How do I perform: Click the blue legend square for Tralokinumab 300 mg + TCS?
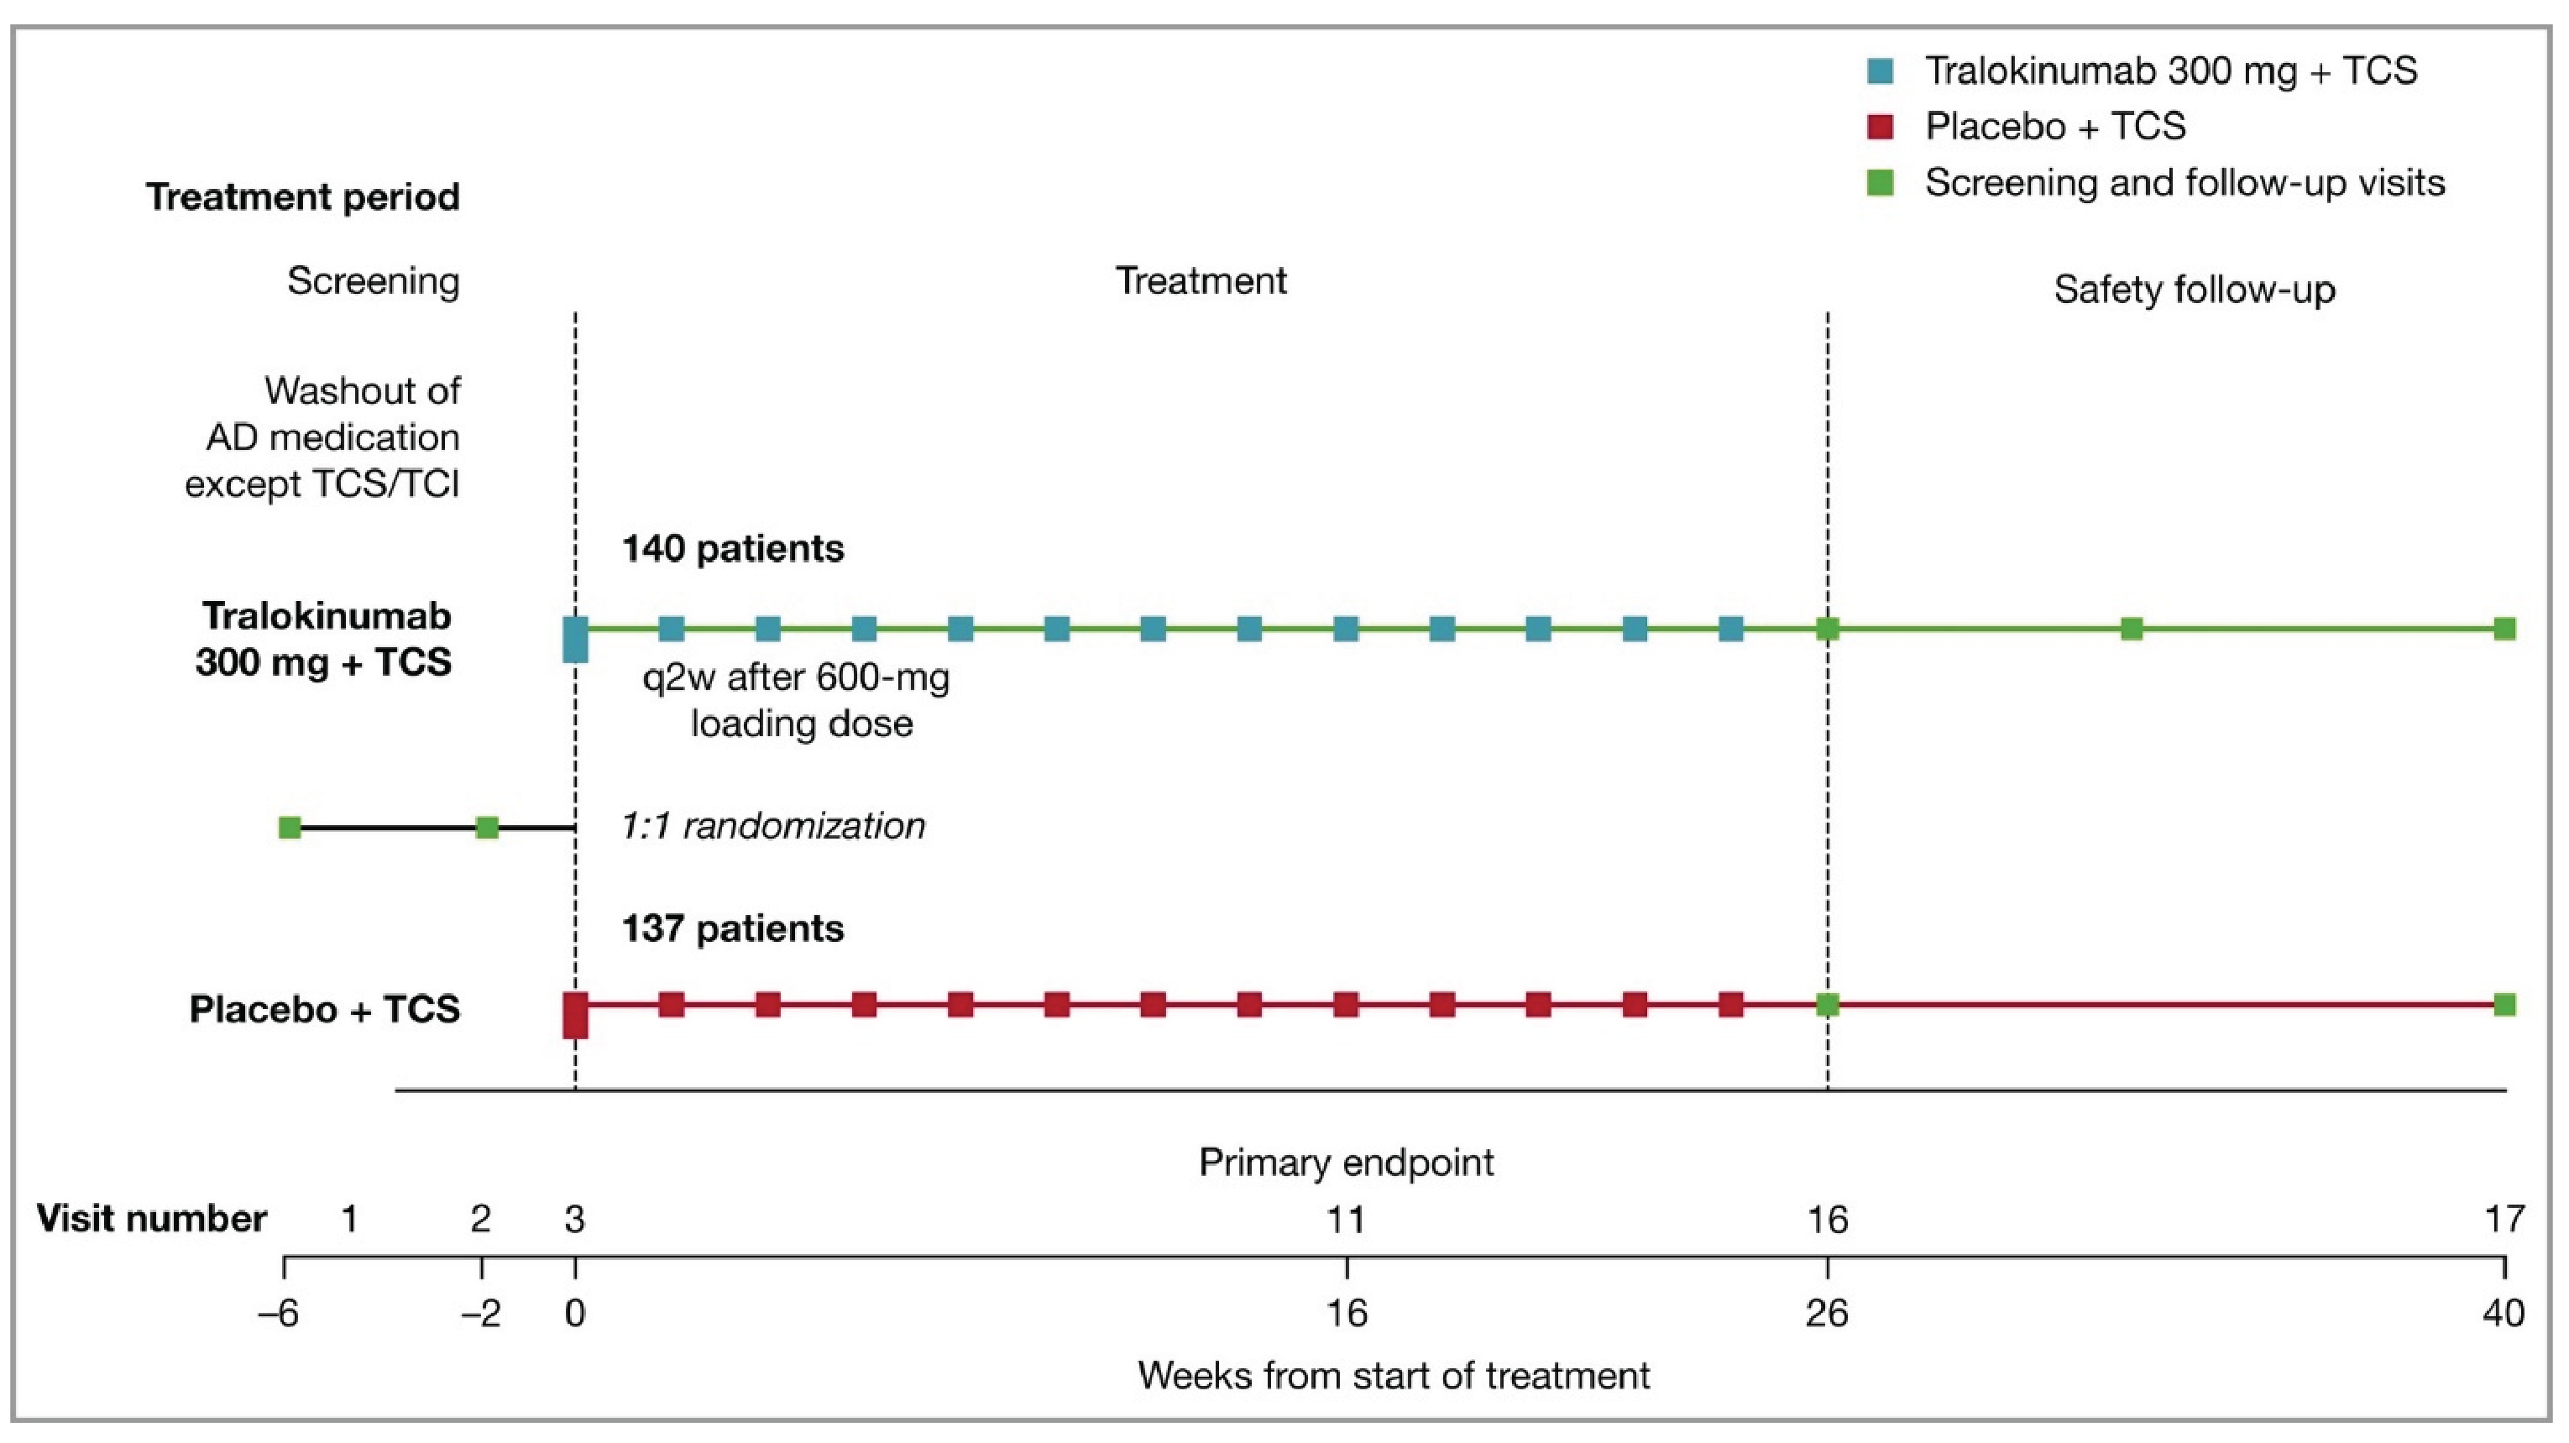(1880, 70)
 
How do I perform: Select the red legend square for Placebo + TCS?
(1880, 127)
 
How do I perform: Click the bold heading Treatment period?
(303, 196)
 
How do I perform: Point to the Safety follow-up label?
(2194, 290)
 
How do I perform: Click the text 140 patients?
(733, 548)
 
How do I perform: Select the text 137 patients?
(733, 928)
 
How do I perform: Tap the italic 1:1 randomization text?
(773, 826)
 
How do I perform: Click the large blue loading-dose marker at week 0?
(575, 639)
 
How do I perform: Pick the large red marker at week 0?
(575, 1015)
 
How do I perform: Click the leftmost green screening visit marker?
(289, 827)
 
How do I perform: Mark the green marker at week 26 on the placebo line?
(1827, 1004)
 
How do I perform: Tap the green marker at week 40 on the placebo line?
(2504, 1004)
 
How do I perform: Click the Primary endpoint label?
(1347, 1162)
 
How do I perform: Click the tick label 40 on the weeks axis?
(2504, 1314)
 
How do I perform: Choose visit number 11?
(1347, 1219)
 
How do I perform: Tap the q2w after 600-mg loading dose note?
(798, 700)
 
